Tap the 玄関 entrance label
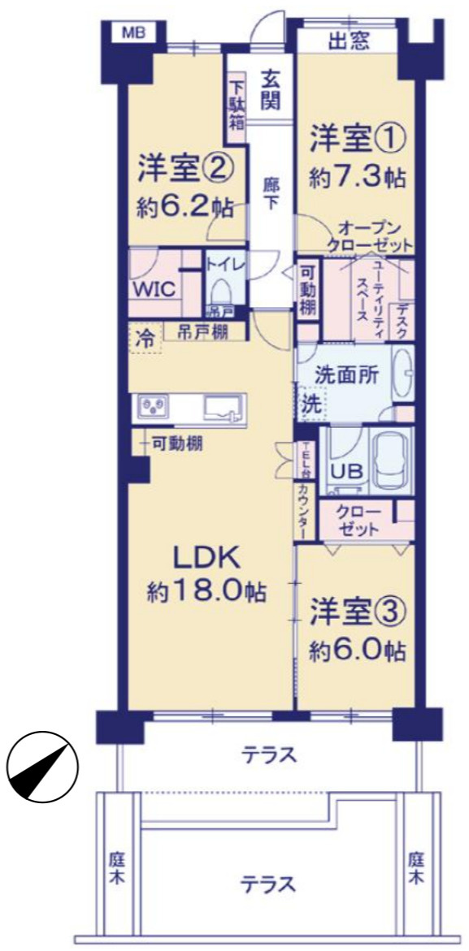click(x=271, y=90)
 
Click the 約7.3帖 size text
click(x=356, y=176)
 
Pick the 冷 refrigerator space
click(x=145, y=338)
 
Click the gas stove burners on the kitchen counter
click(x=154, y=404)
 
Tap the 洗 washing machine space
click(x=310, y=404)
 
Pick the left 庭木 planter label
click(x=114, y=867)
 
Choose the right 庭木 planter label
click(x=416, y=867)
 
